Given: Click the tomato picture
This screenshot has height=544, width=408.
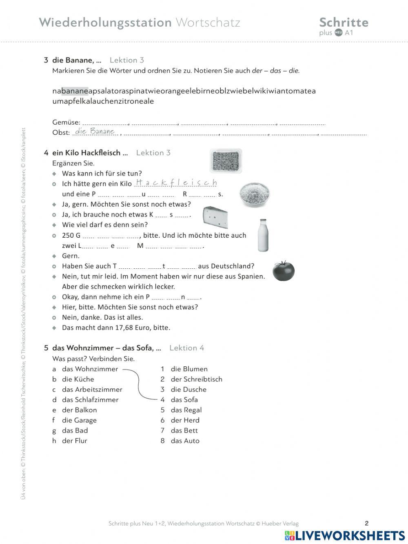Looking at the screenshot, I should [x=283, y=270].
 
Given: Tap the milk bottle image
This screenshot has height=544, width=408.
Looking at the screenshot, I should [x=263, y=235].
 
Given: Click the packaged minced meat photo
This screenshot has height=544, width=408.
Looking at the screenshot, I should [x=226, y=161].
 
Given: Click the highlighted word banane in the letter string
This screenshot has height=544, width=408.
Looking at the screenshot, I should [x=75, y=91].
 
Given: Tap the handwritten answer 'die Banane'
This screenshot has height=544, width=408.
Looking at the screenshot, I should [x=95, y=132].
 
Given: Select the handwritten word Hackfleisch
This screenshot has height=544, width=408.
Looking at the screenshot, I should [x=176, y=183].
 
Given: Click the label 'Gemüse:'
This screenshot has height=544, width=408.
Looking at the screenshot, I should [x=66, y=122].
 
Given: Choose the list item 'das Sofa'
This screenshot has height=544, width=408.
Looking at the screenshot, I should [x=184, y=400].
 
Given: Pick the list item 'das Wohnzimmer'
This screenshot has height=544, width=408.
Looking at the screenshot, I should [x=90, y=369].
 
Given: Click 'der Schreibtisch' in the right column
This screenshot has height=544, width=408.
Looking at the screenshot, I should [x=196, y=379].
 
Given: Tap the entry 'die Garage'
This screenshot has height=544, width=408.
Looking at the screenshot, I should [x=79, y=420].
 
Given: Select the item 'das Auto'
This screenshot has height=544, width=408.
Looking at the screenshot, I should [x=185, y=441].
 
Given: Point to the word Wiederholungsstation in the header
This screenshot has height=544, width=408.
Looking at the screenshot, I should [x=105, y=22].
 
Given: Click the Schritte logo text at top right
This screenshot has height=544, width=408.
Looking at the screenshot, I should [x=344, y=22].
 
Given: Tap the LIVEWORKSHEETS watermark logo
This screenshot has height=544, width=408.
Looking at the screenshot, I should [x=345, y=535].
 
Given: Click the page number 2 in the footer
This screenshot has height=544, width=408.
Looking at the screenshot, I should [x=366, y=524].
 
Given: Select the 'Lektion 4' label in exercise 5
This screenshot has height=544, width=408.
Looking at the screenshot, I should [x=186, y=348].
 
